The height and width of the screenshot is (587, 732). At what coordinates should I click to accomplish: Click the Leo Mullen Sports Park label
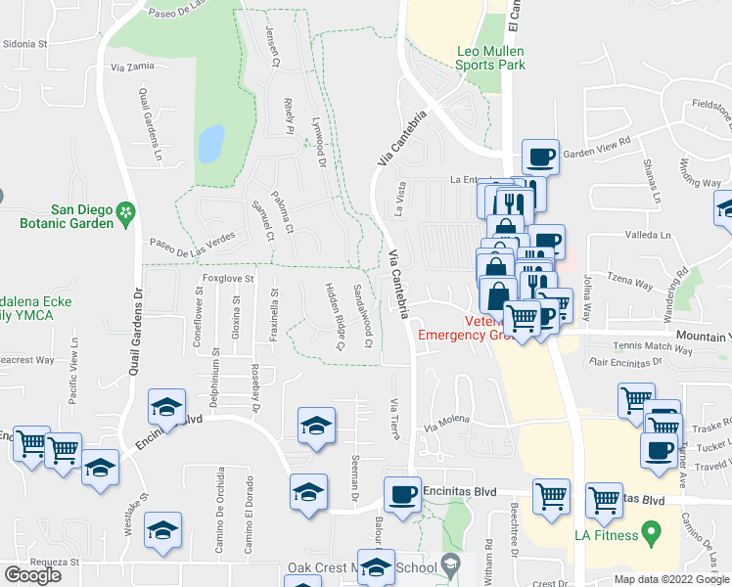(490, 58)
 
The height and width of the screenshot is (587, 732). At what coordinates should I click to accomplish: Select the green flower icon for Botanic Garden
(125, 211)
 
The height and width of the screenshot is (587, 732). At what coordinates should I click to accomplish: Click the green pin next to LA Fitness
(648, 534)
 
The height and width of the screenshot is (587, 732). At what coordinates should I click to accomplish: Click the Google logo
(32, 575)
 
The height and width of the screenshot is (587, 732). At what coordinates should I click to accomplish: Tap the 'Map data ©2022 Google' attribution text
(671, 579)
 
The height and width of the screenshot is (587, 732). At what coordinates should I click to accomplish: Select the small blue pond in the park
(210, 144)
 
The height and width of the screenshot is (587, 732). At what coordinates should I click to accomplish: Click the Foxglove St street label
(228, 278)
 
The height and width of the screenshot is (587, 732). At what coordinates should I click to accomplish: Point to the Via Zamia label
(133, 67)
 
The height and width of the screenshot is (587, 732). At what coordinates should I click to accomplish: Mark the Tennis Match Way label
(653, 349)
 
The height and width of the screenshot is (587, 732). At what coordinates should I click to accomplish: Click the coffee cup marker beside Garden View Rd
(541, 156)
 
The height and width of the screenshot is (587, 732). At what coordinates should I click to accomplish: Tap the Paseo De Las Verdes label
(193, 244)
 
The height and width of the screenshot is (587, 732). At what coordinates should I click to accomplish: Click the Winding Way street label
(700, 177)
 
